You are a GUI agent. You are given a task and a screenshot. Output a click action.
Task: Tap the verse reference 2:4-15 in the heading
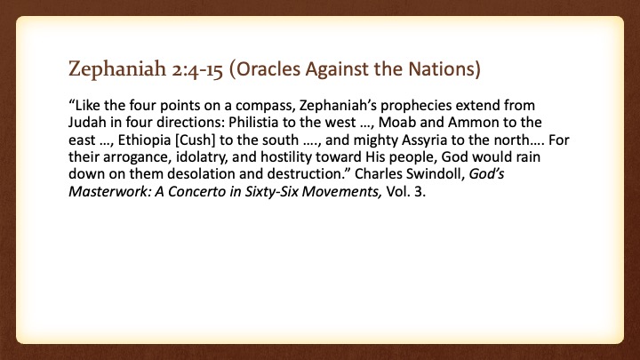point(197,69)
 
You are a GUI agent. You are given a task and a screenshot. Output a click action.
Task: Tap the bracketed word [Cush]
point(195,140)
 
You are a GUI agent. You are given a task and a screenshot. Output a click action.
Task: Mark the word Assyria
point(425,140)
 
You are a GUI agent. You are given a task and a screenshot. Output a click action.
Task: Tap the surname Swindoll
point(435,174)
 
